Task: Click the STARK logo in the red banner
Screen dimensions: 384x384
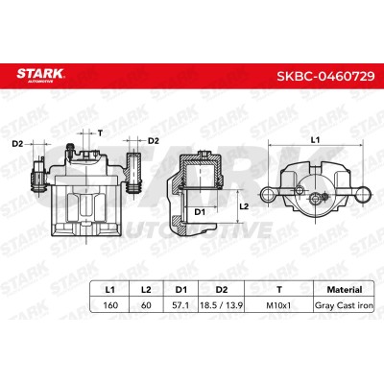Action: point(40,74)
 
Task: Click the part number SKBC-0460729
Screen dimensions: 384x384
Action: point(325,76)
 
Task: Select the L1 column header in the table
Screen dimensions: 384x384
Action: point(109,290)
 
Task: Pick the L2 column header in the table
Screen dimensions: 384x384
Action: point(146,290)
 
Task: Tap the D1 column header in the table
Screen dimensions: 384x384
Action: point(181,290)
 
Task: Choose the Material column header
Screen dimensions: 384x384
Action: point(345,290)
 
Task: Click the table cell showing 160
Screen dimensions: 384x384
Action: point(110,305)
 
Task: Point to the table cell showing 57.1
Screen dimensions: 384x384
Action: point(180,305)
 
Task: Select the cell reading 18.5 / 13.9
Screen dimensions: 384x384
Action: point(221,305)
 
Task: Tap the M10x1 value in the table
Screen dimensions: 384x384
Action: point(278,305)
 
